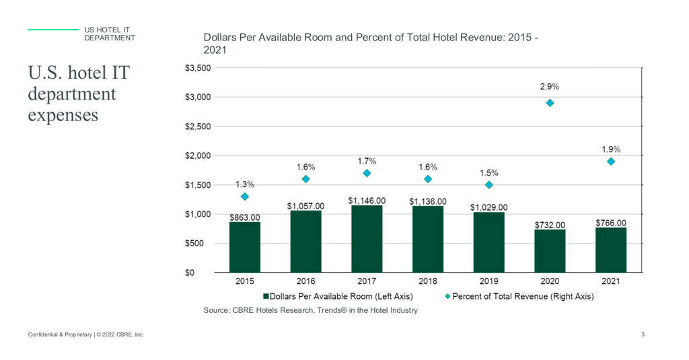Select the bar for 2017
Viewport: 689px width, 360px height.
[367, 239]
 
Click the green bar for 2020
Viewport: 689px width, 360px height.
[550, 250]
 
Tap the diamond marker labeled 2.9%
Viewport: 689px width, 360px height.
[550, 103]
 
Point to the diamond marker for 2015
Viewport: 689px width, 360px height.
[245, 196]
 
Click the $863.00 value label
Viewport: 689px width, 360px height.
[244, 217]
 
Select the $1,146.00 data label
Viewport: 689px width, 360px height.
[367, 201]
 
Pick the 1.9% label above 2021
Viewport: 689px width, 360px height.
[611, 149]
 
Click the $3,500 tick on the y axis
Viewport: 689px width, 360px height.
[198, 68]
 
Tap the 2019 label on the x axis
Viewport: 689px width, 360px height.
[488, 281]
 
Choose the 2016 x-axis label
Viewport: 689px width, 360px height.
[305, 281]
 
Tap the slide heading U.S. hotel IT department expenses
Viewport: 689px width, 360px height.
[78, 93]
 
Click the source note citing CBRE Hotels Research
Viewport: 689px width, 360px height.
[310, 310]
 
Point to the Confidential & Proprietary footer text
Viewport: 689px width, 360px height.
[85, 334]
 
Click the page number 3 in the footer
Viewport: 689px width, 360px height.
[643, 334]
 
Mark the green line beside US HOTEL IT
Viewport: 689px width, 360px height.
[53, 30]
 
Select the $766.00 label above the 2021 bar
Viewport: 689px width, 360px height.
[611, 223]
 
